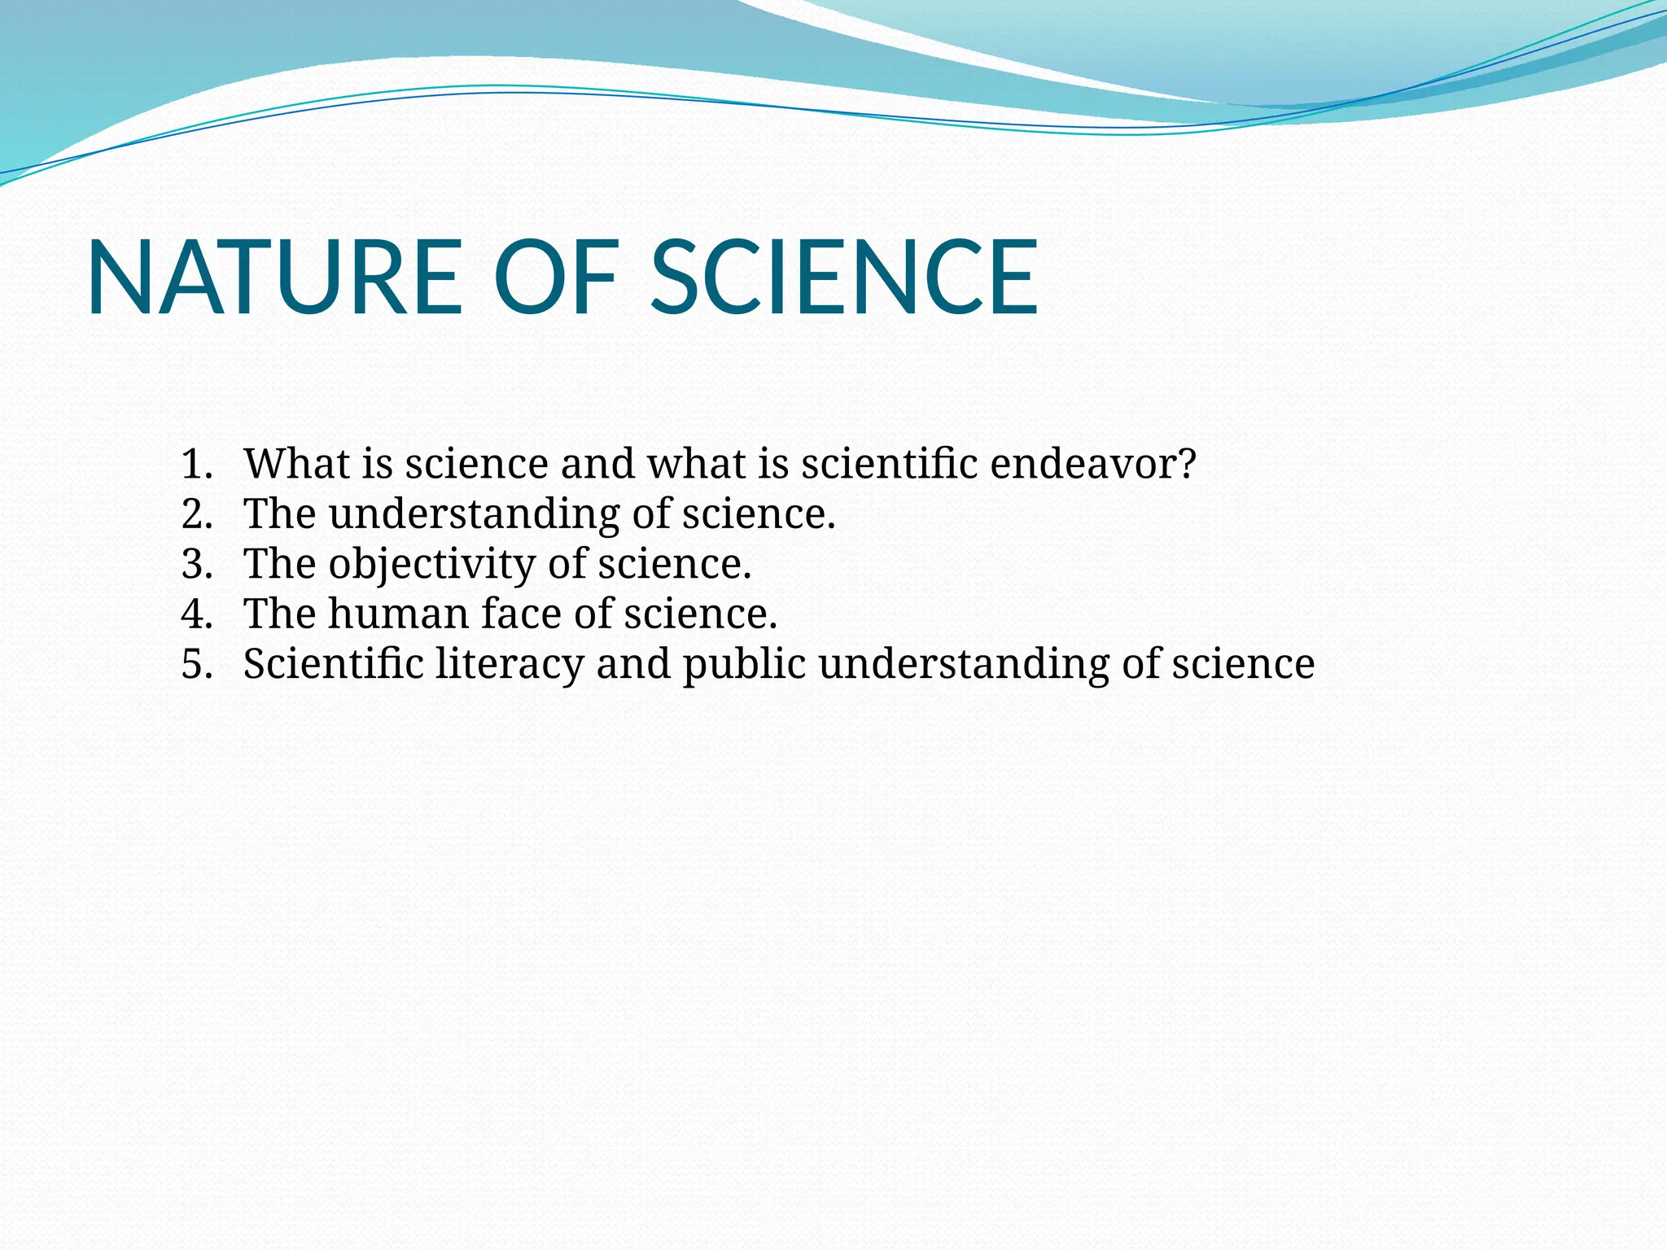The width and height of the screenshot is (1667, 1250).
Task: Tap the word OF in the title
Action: click(556, 278)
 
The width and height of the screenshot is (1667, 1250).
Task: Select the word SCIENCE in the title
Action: click(844, 278)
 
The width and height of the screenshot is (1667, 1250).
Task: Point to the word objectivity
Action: click(431, 566)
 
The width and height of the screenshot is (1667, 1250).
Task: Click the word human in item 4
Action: click(397, 614)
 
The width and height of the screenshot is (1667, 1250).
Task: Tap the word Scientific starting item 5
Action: click(333, 664)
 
